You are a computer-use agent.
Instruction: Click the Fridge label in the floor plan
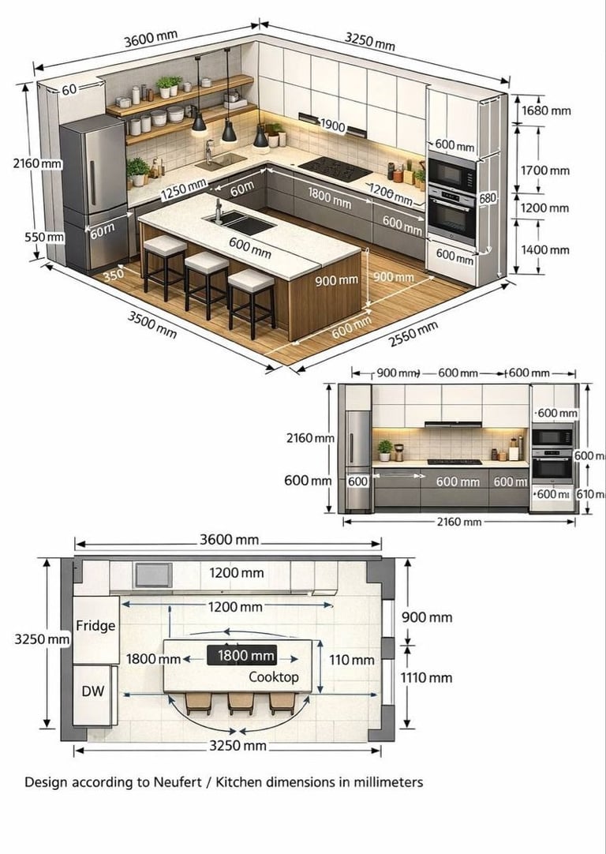coord(95,626)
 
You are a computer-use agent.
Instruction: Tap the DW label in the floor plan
coord(92,691)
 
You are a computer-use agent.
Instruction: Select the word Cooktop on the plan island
coord(274,677)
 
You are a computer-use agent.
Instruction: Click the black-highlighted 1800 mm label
coord(245,656)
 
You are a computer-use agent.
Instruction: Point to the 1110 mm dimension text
coord(427,677)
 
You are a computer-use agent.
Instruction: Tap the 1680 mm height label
coord(545,110)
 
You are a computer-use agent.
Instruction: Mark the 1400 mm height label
coord(544,250)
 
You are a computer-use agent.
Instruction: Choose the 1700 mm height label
coord(544,170)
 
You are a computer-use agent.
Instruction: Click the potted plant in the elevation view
coord(385,449)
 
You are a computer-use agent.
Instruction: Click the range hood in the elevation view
coord(452,425)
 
